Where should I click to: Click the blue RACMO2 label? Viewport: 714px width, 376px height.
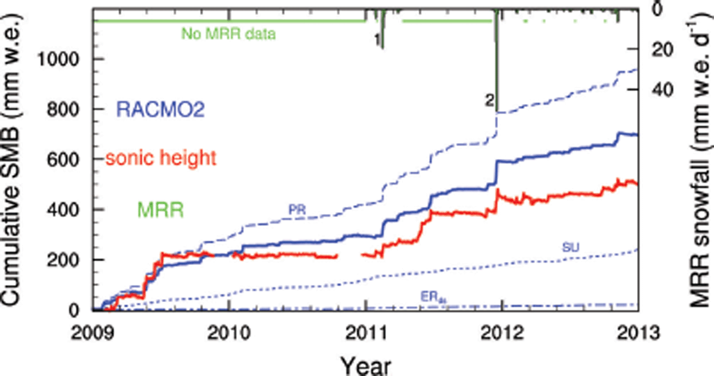tap(161, 109)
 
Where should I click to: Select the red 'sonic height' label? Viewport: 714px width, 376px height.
tap(161, 158)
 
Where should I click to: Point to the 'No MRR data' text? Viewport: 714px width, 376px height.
tap(228, 35)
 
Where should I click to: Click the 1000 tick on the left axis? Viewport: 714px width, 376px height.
tap(60, 59)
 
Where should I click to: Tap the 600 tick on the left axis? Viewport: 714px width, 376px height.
tap(66, 159)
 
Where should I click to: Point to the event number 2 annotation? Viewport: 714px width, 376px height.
tap(489, 101)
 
